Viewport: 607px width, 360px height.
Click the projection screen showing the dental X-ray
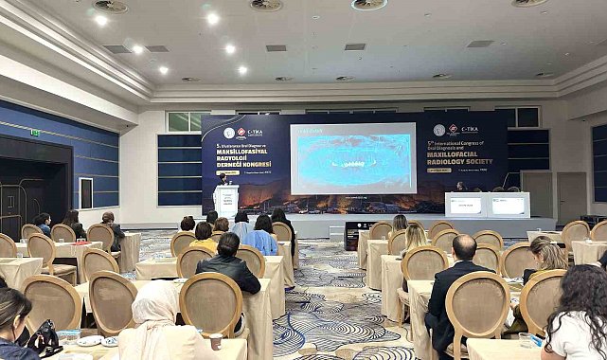(x=352, y=158)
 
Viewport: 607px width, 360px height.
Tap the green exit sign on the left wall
(x=35, y=133)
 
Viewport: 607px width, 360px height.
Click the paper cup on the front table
(x=216, y=341)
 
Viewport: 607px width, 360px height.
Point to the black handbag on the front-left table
(x=42, y=337)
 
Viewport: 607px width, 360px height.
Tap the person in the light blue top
(x=261, y=236)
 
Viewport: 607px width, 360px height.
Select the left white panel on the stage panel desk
(x=466, y=205)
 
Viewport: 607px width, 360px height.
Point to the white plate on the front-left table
(x=90, y=340)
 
